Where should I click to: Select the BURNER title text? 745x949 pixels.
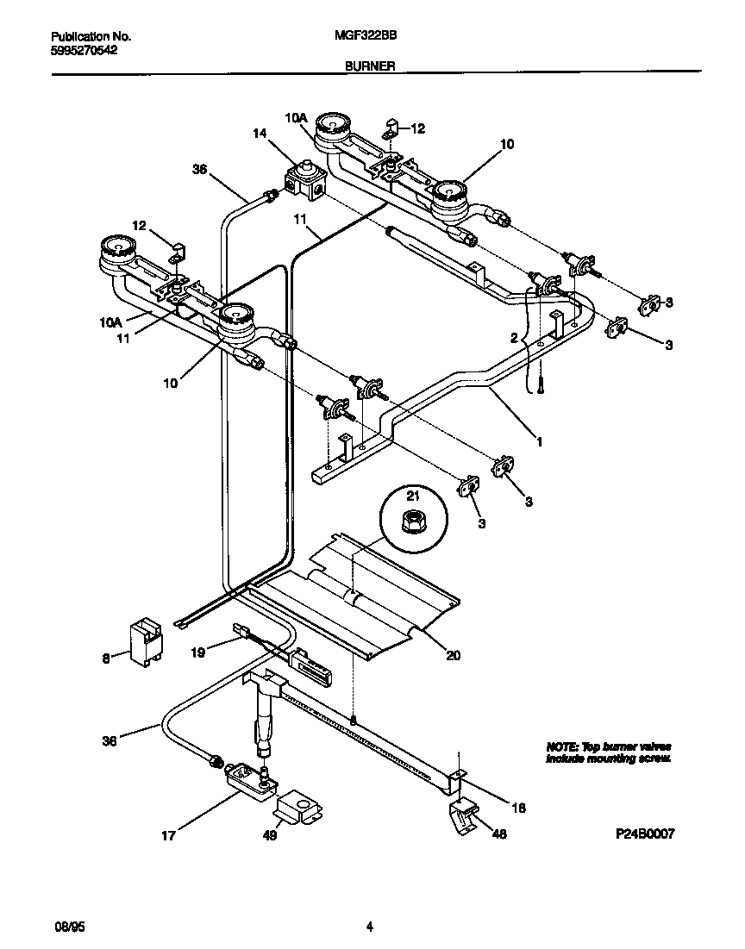pos(371,66)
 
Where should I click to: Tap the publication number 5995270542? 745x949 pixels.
pos(85,51)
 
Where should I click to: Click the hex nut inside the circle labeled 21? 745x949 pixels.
pos(412,519)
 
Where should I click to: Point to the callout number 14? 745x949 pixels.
pos(260,134)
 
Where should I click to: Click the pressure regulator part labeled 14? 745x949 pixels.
pos(305,180)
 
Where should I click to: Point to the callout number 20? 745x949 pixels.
pos(453,655)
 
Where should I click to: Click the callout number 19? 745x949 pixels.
pos(198,652)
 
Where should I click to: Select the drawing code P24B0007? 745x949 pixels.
pos(644,834)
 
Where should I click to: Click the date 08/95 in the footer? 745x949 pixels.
pos(68,927)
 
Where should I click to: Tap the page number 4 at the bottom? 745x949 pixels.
pos(369,927)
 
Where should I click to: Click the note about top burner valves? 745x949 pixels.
pos(609,752)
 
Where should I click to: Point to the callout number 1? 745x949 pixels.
pos(540,440)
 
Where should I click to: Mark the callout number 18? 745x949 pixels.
pos(517,808)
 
